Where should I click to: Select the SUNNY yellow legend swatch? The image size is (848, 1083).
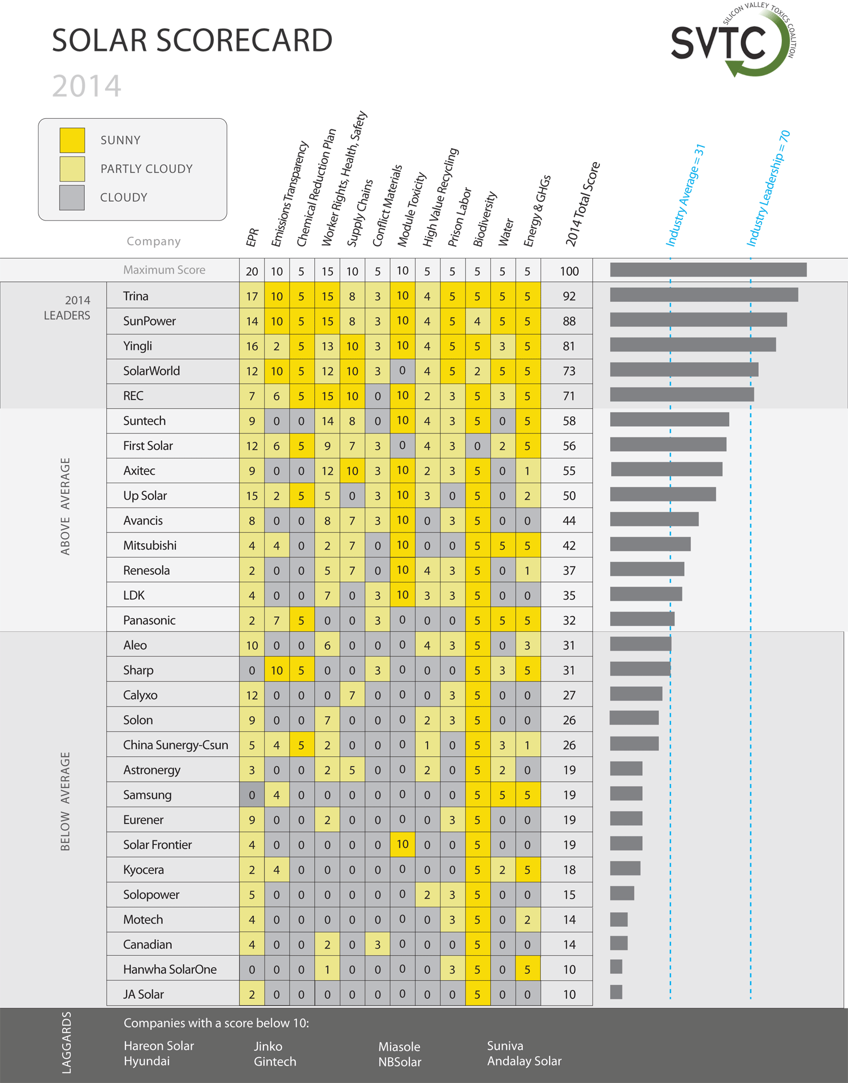[72, 140]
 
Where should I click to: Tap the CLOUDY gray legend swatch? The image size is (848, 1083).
[72, 198]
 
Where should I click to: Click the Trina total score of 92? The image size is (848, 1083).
[569, 296]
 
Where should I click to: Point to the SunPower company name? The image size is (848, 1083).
[149, 321]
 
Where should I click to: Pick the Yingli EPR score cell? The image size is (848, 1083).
[252, 346]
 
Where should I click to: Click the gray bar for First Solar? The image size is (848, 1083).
[668, 444]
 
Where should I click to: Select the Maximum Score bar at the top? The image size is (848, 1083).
[708, 270]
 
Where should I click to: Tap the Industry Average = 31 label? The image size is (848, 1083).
[685, 195]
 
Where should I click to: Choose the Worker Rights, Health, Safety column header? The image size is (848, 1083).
[344, 180]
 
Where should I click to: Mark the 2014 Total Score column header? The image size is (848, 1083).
[582, 204]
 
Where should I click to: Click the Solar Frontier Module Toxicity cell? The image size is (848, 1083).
[402, 844]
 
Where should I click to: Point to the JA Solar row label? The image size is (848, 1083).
[144, 994]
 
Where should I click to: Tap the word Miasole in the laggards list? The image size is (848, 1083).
[399, 1046]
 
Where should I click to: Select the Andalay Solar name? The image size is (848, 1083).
[524, 1061]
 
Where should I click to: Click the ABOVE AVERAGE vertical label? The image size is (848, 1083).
[66, 506]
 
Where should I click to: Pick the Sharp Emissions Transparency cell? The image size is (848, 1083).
[276, 670]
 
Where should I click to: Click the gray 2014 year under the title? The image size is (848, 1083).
[86, 86]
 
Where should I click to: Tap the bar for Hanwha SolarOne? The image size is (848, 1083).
[616, 967]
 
